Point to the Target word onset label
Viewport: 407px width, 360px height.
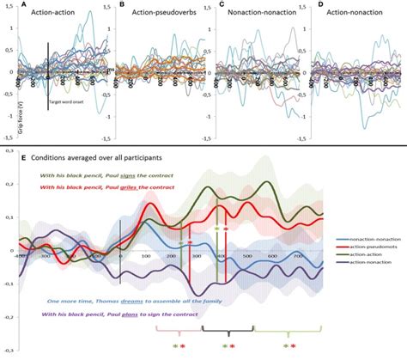(x=66, y=101)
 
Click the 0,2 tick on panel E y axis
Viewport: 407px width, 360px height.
(x=7, y=184)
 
